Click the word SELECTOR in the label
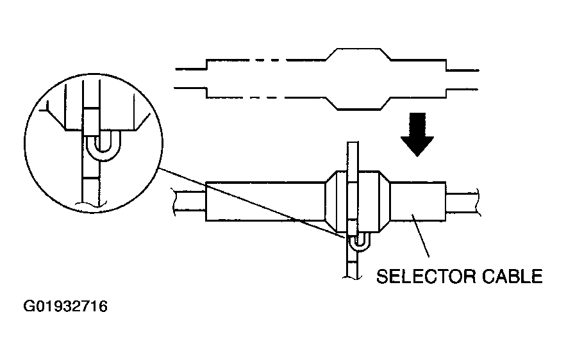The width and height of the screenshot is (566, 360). click(x=426, y=277)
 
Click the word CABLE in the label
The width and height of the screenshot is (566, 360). click(x=512, y=277)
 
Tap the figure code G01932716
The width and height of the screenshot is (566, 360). click(x=65, y=307)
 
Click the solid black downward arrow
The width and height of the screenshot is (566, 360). click(x=417, y=134)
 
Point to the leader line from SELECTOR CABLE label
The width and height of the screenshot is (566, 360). click(x=420, y=235)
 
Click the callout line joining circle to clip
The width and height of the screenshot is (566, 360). click(x=253, y=204)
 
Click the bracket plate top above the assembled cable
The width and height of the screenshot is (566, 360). click(x=353, y=156)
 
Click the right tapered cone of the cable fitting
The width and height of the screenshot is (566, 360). click(x=385, y=201)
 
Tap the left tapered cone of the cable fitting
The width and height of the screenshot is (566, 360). click(x=331, y=201)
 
